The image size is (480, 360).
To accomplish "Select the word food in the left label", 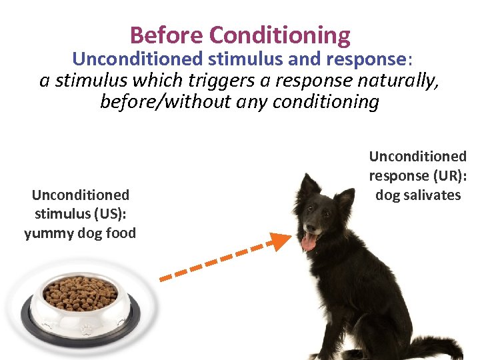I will point(121,233).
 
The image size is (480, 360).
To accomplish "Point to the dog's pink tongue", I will point(309,242).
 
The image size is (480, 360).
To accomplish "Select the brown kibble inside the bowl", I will point(79,292).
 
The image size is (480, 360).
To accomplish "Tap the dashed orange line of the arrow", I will point(213,261).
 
